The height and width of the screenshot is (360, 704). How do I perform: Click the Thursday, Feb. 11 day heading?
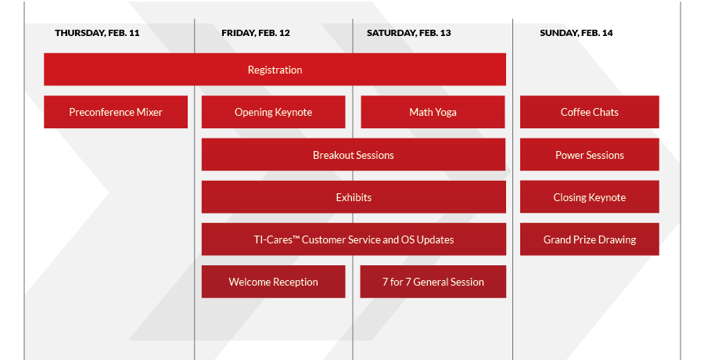pos(97,33)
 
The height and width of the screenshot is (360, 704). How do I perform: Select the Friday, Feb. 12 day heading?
pos(256,33)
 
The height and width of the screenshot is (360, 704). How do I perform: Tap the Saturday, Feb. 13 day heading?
pos(408,33)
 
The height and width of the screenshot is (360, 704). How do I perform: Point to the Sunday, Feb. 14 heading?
pos(576,33)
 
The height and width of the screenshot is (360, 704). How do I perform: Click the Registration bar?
pos(275,69)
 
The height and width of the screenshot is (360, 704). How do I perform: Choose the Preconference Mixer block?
pos(116,112)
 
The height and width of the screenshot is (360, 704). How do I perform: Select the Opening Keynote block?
pos(274,112)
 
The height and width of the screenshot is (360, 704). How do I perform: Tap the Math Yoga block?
pos(433,112)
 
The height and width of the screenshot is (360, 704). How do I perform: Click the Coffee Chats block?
pos(590,112)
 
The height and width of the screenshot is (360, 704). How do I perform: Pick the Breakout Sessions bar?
pos(354,155)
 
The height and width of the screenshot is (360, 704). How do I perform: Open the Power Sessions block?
pos(590,155)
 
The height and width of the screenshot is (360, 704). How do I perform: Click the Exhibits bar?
pos(354,197)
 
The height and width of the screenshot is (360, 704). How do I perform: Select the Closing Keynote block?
pos(590,197)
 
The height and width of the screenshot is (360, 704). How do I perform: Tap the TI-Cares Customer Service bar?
pos(354,239)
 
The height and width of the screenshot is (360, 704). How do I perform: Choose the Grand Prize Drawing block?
pos(590,239)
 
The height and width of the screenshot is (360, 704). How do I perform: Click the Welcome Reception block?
pos(274,282)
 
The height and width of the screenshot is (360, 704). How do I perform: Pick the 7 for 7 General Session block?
pos(433,282)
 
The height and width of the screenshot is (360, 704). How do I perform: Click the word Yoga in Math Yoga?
pos(446,113)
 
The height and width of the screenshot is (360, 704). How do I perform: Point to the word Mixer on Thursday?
pos(149,112)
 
